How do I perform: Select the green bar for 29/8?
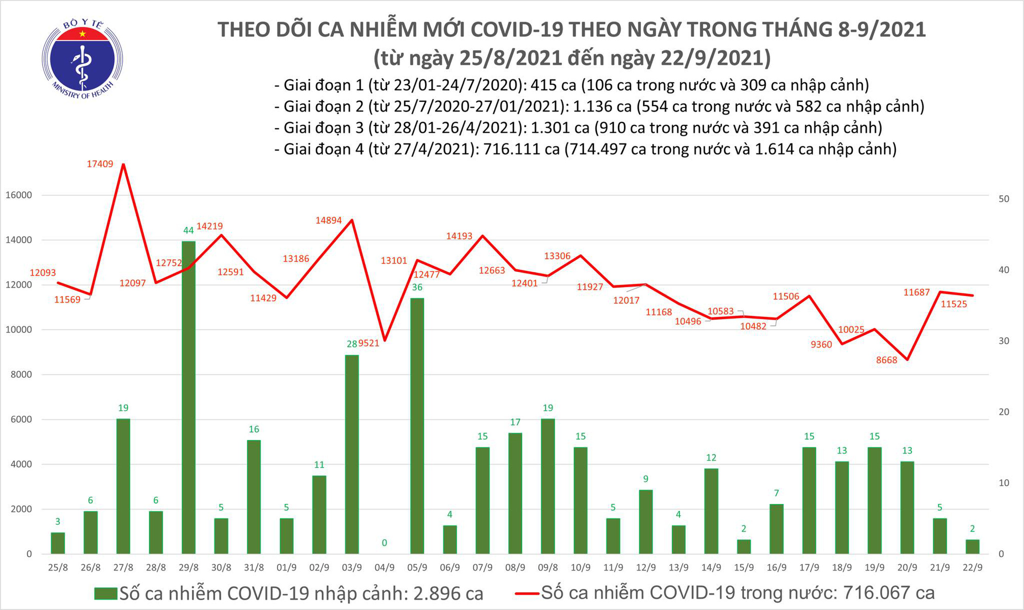click(188, 397)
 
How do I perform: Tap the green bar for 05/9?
click(417, 425)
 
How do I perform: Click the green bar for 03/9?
click(352, 454)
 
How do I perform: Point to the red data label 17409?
click(100, 164)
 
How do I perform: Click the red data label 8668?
click(886, 360)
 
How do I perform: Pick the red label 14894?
click(328, 220)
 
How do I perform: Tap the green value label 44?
click(188, 230)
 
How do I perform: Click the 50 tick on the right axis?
click(1004, 199)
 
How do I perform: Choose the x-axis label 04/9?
click(385, 567)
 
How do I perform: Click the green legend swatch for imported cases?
click(106, 594)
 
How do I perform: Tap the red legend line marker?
click(526, 594)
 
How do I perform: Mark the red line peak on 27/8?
click(123, 164)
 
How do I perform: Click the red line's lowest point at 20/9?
click(907, 360)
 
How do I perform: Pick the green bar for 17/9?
click(809, 500)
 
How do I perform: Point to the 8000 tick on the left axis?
click(21, 374)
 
